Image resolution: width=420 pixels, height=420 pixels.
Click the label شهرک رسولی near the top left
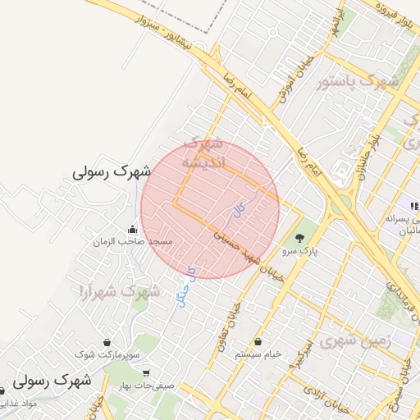tap(112, 172)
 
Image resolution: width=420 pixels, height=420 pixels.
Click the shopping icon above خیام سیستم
tap(258, 342)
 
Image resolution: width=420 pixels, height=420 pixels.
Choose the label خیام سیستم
tap(258, 354)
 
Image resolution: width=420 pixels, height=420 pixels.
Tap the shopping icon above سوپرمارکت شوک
tap(107, 342)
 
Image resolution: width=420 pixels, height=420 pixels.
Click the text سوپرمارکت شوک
tap(107, 354)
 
